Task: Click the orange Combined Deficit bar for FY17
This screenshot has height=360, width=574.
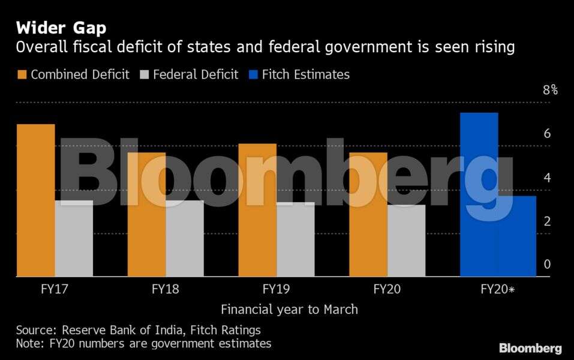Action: pos(36,200)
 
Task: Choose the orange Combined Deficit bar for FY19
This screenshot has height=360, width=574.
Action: pos(257,210)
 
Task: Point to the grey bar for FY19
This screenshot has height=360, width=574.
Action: pos(296,239)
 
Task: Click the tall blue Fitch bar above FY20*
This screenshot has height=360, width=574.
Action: pos(479,194)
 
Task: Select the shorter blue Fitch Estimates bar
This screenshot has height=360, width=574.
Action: pos(517,236)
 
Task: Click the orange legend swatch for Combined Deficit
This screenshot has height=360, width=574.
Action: pos(22,75)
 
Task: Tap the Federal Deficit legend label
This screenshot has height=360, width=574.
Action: pos(196,75)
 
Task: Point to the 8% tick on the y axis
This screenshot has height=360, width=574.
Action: pos(550,91)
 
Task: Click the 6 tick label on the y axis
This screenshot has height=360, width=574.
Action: pos(547,134)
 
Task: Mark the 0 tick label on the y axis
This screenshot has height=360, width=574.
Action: pos(547,265)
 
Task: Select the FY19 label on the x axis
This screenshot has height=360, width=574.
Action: pos(276,289)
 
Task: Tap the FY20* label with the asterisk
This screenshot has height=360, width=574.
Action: pos(498,289)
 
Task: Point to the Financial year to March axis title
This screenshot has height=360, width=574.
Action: pos(289,310)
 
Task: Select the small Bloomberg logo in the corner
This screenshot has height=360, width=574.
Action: pos(530,348)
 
